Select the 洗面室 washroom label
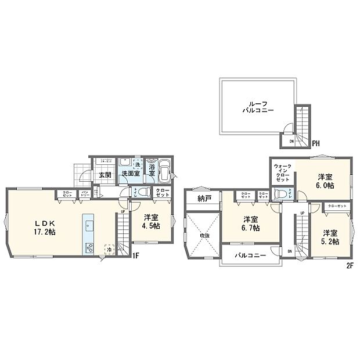(129, 174)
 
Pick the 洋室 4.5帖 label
(152, 223)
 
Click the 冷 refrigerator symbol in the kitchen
(109, 249)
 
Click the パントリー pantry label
(85, 194)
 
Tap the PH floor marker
(316, 142)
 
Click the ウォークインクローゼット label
(283, 172)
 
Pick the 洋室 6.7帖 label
(251, 224)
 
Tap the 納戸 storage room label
(204, 200)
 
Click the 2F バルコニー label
(251, 255)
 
